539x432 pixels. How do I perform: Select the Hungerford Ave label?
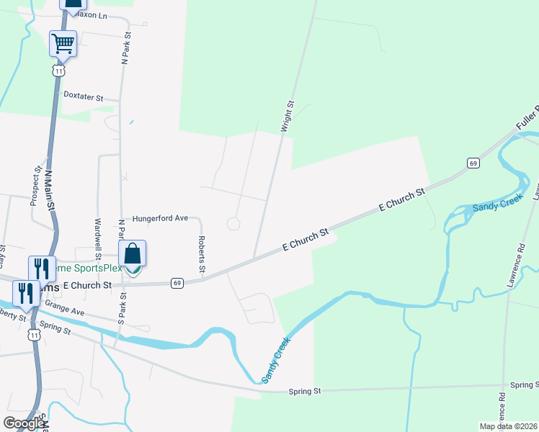160,217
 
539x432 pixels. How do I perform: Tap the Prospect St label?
35,186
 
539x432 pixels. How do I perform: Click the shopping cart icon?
63,43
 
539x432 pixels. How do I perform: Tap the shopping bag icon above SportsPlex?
132,253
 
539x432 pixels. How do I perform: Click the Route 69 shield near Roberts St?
177,283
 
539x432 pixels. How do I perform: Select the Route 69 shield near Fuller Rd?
473,163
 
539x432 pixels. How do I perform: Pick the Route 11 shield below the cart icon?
58,71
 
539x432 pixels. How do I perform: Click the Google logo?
24,423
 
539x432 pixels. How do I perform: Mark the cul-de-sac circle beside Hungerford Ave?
233,224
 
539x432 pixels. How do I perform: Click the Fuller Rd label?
527,119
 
